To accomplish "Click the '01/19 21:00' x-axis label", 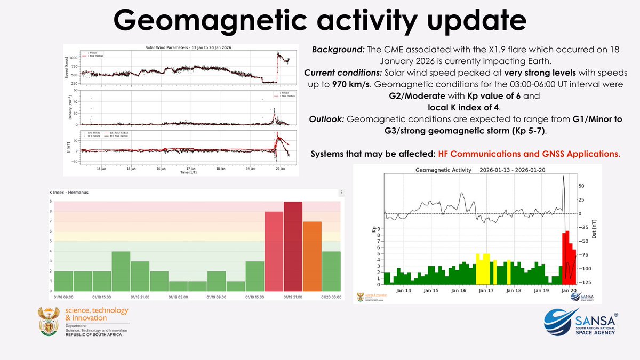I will coord(293,297).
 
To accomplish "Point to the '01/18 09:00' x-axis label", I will coord(63,297).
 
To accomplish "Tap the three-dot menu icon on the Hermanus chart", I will coord(341,192).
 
